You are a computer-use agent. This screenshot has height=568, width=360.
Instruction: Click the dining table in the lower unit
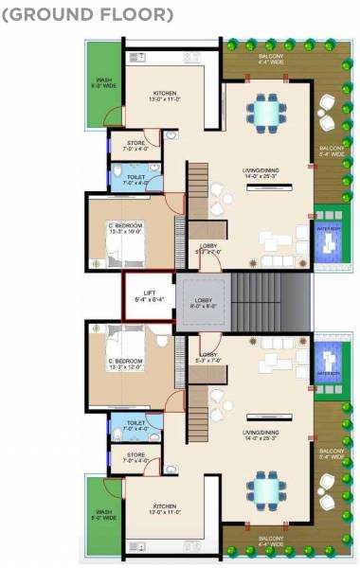pyautogui.click(x=262, y=490)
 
